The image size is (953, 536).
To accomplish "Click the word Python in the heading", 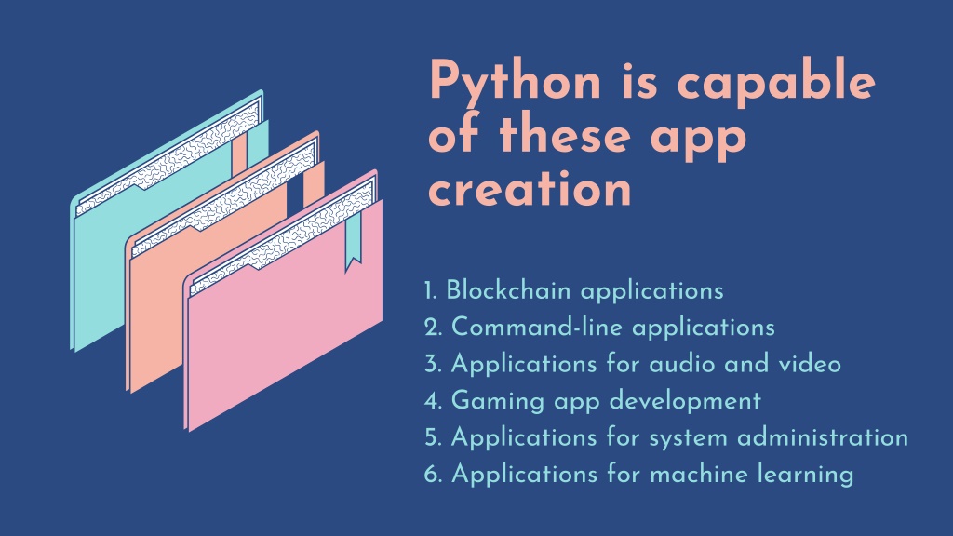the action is coord(516,83).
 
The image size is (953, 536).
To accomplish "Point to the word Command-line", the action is coord(537,327).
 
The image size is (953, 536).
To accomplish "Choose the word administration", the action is coord(823,437).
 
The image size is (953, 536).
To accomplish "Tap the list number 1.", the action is coord(430,290).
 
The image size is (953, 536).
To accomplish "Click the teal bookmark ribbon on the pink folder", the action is coord(353,243).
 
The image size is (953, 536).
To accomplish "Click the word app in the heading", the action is coord(698,138).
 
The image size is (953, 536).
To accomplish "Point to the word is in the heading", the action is coord(639,81).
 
